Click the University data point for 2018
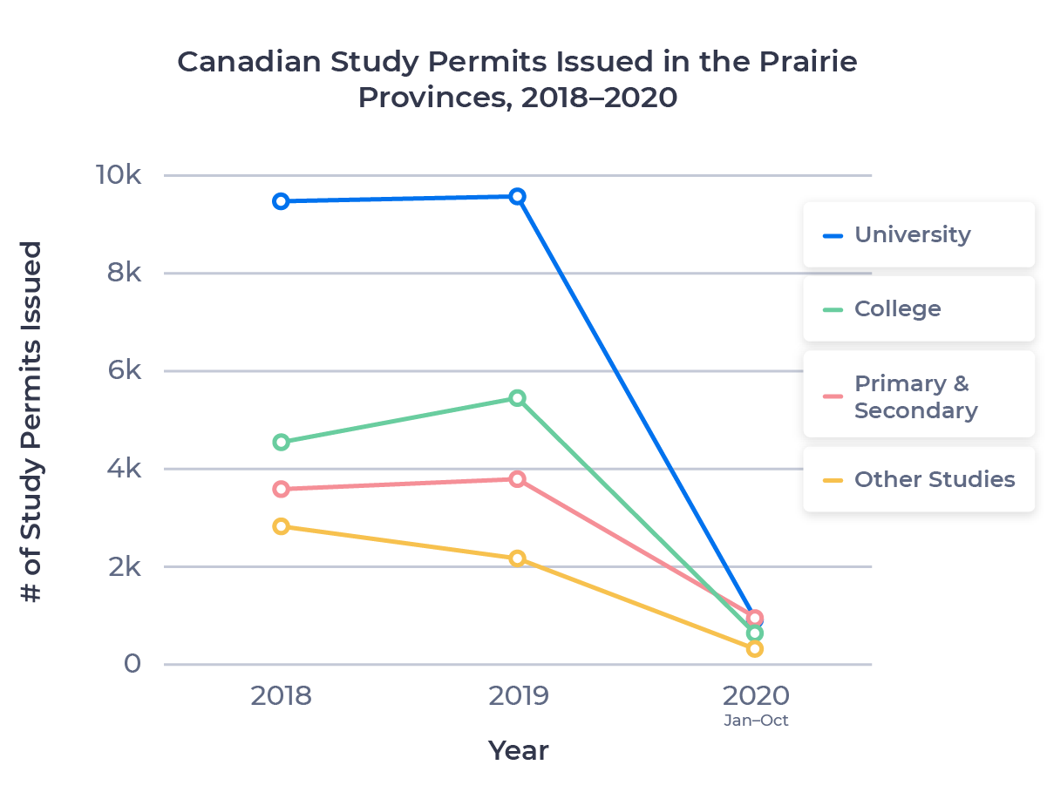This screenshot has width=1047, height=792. (x=281, y=201)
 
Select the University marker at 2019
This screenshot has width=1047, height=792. (x=518, y=196)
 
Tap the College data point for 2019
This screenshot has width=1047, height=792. (x=518, y=398)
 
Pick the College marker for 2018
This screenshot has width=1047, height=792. (x=281, y=442)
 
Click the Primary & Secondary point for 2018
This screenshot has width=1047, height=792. (x=281, y=489)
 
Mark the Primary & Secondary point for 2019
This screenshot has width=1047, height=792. (x=518, y=478)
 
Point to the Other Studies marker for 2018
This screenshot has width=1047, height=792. (x=281, y=526)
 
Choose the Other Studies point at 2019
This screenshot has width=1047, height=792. (x=518, y=558)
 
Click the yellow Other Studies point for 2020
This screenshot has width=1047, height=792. (x=755, y=648)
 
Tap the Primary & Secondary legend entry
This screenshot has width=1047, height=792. (x=915, y=397)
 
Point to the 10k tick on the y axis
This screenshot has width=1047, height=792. (x=119, y=175)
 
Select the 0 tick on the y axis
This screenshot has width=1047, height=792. (x=132, y=664)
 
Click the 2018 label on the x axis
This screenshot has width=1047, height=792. (x=281, y=696)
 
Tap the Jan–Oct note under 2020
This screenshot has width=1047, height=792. (x=756, y=721)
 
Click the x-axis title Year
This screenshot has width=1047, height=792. (x=518, y=750)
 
